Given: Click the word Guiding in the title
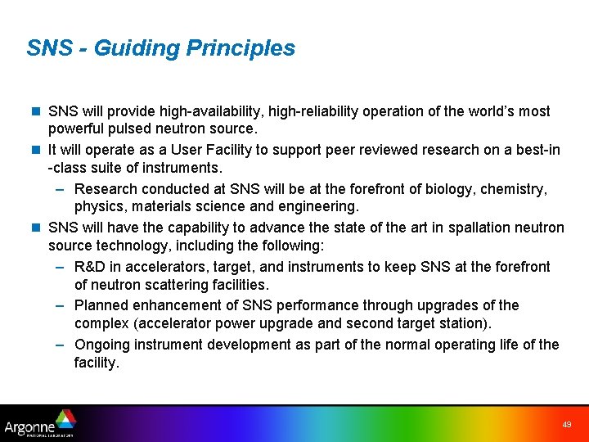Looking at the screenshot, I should [137, 48].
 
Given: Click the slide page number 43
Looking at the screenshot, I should [567, 425].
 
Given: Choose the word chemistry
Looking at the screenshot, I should [515, 189].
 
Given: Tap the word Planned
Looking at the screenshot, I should [101, 305].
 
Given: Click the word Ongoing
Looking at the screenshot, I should [102, 345].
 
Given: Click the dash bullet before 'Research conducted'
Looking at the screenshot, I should [62, 189].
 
